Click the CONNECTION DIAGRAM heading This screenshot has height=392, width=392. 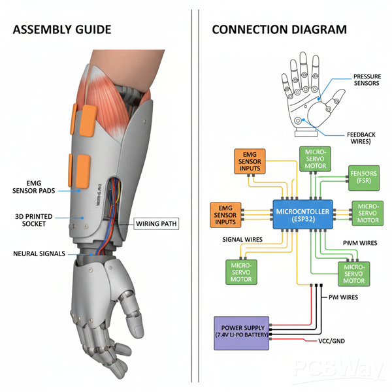point(280,29)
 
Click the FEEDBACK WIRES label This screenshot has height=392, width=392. point(360,138)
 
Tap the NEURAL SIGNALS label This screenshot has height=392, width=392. point(40,253)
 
